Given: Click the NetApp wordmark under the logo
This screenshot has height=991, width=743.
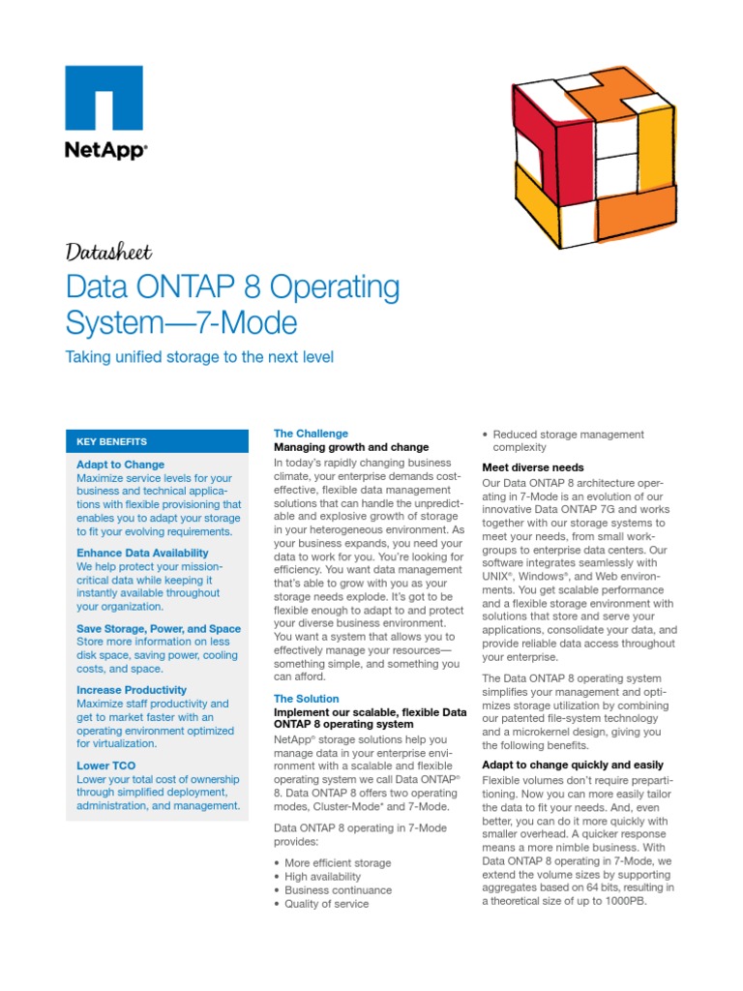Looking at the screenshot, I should [x=105, y=152].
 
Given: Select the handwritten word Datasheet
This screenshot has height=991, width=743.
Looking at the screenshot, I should [x=108, y=253].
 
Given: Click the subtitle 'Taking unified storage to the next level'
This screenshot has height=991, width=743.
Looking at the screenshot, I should [x=198, y=357].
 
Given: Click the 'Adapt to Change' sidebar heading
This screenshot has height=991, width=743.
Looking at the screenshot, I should [x=120, y=465].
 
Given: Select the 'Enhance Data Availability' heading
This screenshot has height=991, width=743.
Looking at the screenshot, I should [x=142, y=553].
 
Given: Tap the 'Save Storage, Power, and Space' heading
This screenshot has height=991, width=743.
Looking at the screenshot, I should [x=159, y=629].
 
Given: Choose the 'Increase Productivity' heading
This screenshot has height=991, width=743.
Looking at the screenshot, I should [x=132, y=690].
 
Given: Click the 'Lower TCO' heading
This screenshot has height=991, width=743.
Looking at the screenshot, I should [x=105, y=766].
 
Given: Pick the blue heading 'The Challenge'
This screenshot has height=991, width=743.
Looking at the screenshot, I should [x=311, y=434].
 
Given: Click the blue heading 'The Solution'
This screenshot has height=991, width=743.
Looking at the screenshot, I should [x=306, y=699].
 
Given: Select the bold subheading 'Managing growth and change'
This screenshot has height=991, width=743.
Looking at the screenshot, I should [x=350, y=448].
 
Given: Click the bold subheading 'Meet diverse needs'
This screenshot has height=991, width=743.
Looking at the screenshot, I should [x=532, y=467].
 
